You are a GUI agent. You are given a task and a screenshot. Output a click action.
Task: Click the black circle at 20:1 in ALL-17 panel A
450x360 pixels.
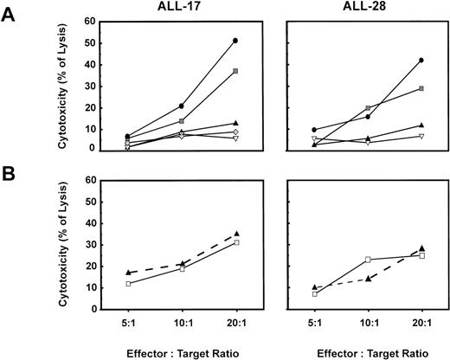click(235, 41)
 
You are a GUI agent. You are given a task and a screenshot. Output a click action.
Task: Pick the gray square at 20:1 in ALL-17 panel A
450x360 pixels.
click(235, 71)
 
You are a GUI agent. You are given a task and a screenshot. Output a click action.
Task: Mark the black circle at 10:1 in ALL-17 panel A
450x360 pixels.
click(181, 106)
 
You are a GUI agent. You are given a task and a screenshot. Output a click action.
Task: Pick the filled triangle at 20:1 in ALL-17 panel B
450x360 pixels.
click(235, 234)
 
